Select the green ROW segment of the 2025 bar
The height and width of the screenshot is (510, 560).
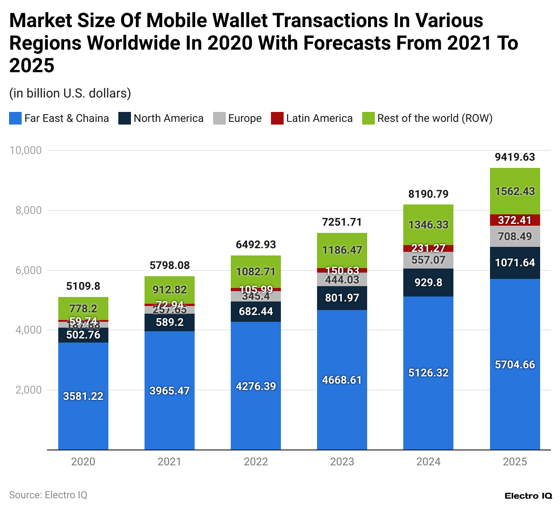coord(515,191)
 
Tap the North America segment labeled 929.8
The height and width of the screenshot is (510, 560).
coord(428,283)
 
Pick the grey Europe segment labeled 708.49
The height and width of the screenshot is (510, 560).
coord(515,236)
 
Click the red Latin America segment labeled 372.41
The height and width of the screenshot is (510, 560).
coord(515,220)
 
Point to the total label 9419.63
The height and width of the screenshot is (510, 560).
coord(515,157)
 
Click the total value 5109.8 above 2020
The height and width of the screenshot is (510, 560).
coord(83,286)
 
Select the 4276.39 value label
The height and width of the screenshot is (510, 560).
coord(256,386)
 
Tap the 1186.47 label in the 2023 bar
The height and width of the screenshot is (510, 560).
coord(342,250)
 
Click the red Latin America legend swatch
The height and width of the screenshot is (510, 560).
coord(277,118)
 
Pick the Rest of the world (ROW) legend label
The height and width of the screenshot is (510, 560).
coord(434,118)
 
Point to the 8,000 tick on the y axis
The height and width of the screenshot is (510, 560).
coord(25,210)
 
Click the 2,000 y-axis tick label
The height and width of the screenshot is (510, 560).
coord(25,390)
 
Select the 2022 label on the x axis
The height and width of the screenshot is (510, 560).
coord(256,462)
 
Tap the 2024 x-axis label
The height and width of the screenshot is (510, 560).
coord(428,462)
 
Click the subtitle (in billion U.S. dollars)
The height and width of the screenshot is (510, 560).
coord(70,93)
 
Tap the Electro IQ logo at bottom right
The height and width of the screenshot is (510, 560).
coord(528,496)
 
